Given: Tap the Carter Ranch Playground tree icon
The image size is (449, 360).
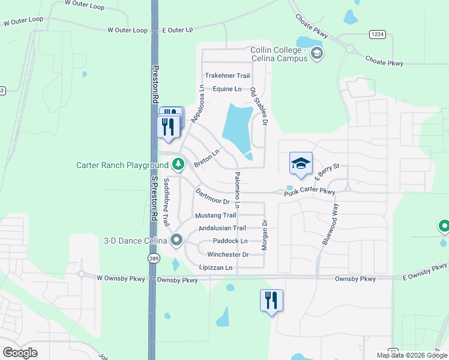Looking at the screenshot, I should [178, 164].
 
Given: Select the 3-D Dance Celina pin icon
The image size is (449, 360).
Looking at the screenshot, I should [176, 241].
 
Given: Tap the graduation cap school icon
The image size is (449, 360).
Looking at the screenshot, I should [301, 163].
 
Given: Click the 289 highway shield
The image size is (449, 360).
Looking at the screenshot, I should [154, 258].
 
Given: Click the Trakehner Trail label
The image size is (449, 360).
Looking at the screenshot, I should [227, 76].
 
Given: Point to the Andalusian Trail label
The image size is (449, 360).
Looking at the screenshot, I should [222, 228].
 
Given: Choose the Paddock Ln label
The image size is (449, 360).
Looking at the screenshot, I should [230, 241].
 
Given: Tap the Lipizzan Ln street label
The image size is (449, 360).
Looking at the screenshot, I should [216, 268].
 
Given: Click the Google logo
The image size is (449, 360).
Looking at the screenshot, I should [20, 353].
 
